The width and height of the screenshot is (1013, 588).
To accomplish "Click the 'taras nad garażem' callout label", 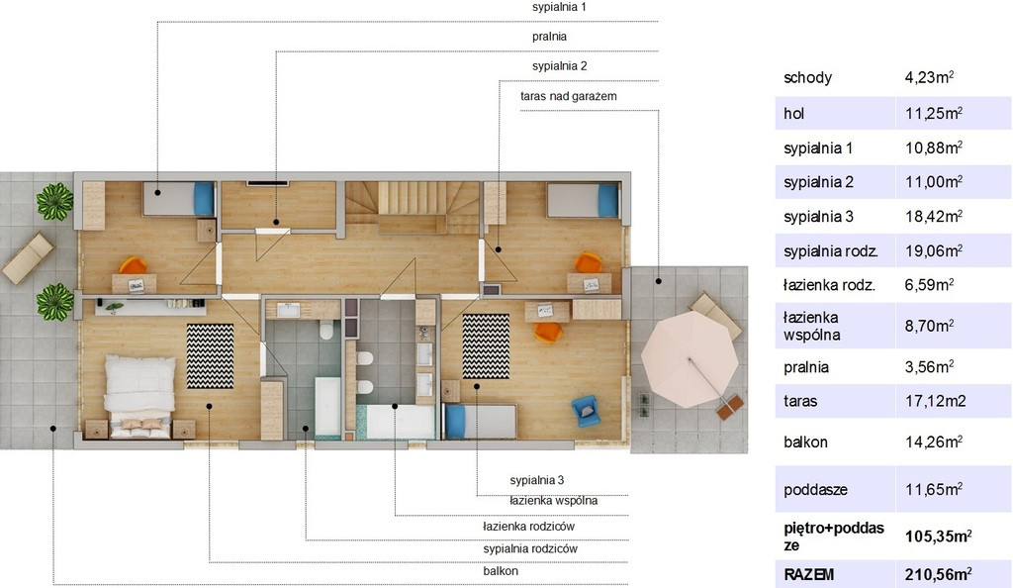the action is click(569, 96).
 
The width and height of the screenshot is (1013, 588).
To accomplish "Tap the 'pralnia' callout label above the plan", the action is click(549, 37).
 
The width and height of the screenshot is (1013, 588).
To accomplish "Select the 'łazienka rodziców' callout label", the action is click(528, 526).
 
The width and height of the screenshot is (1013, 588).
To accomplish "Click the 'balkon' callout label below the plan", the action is click(500, 571).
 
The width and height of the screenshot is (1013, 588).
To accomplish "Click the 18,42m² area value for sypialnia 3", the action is click(934, 217).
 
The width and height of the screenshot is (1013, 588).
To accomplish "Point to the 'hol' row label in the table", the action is click(793, 114).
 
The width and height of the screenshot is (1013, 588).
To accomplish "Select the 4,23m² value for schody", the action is click(929, 77).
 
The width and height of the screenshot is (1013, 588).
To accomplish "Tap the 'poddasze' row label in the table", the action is click(815, 490).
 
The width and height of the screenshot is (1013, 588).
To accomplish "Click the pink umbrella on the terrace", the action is click(690, 358).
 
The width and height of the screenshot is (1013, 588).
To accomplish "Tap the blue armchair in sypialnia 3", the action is click(586, 411).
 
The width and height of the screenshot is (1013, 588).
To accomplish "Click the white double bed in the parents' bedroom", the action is click(140, 395).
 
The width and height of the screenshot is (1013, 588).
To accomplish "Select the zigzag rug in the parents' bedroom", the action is click(210, 356).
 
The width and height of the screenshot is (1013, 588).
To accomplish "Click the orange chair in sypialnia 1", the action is click(134, 265).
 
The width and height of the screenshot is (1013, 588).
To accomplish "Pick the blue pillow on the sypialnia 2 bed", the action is click(608, 200).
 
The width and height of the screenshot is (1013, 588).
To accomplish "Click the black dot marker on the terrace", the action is click(658, 281).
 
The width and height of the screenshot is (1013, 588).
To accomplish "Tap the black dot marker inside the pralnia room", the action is click(276, 223).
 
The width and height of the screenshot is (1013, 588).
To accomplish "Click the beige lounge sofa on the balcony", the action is click(27, 257).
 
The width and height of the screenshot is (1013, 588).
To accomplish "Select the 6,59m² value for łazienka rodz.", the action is click(929, 285).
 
